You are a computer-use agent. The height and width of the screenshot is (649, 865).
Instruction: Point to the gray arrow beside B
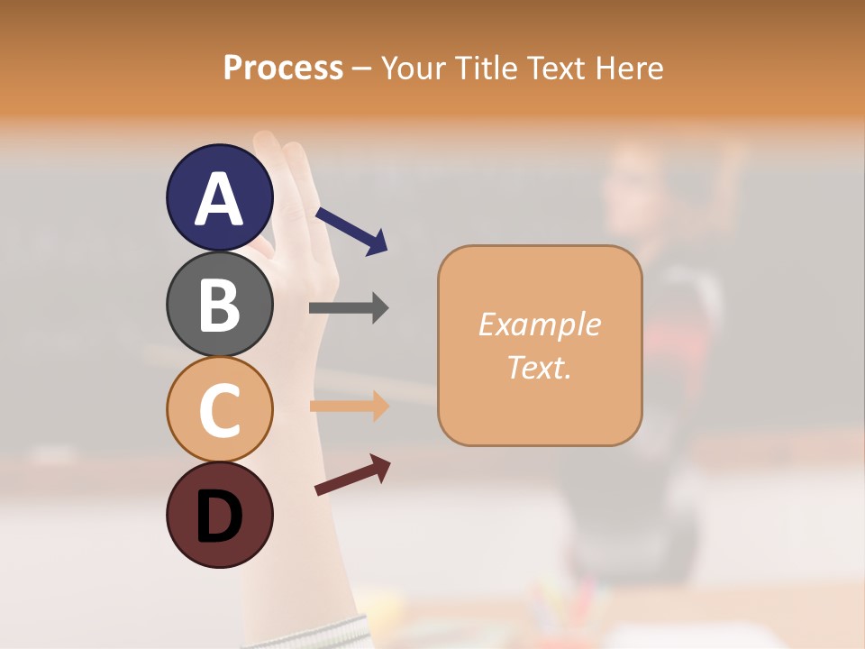(349, 308)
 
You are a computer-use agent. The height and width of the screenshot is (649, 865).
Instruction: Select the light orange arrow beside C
(349, 406)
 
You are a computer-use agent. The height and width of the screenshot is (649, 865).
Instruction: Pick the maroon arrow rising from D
(352, 474)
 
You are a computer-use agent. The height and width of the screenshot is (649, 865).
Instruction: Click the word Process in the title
(283, 69)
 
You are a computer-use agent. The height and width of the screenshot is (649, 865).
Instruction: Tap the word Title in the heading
(488, 69)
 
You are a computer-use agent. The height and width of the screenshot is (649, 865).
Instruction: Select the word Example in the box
(539, 324)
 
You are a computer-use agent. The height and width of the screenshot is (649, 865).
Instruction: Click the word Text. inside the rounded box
(539, 367)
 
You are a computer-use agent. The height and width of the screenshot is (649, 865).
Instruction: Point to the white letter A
(219, 198)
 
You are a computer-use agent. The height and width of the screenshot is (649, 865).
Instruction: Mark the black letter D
(219, 516)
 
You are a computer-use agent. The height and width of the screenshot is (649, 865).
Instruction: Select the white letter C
(219, 410)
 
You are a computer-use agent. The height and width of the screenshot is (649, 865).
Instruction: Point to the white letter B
(219, 305)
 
